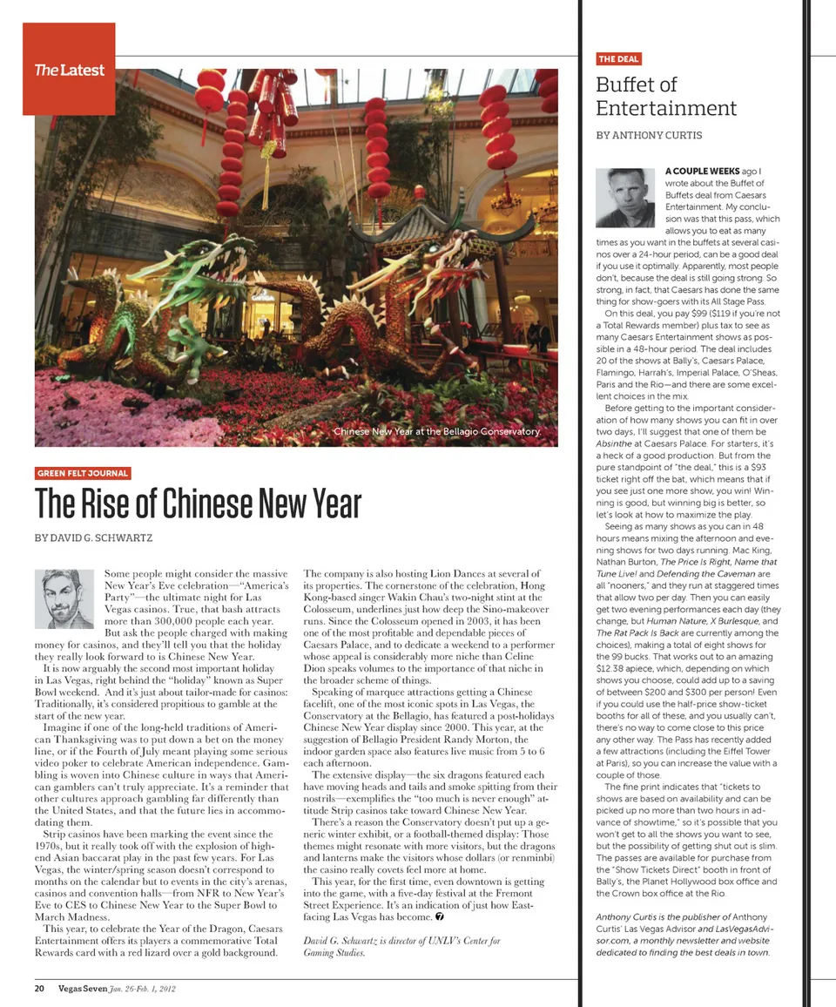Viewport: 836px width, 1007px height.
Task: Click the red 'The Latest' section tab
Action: coord(69,70)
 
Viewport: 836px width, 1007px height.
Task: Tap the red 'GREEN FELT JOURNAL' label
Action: coord(83,473)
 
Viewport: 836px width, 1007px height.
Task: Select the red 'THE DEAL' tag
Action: coord(618,59)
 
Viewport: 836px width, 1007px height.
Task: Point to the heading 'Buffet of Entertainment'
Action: coord(665,97)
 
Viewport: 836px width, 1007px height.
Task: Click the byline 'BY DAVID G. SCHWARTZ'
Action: coord(93,538)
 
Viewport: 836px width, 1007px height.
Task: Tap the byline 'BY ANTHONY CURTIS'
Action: coord(650,135)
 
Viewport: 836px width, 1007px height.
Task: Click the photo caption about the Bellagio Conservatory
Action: coord(437,431)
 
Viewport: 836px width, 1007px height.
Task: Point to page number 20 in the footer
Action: coord(40,988)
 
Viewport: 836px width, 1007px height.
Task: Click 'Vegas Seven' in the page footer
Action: coord(83,988)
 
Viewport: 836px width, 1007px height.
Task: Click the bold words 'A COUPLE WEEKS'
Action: coord(698,171)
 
